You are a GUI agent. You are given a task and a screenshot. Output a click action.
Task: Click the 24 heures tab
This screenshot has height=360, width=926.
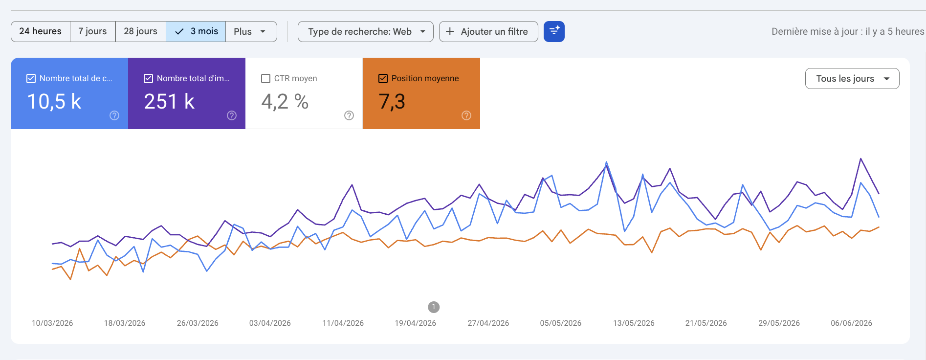coord(41,31)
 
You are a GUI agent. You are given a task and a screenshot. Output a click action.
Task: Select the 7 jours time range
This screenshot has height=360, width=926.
coord(92,31)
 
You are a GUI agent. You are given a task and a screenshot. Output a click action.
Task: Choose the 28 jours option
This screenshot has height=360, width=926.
coord(140,31)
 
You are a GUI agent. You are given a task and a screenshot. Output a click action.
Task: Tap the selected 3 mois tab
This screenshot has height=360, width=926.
coord(196,31)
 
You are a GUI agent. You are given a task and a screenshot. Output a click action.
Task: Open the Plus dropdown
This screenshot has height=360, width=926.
coord(251,31)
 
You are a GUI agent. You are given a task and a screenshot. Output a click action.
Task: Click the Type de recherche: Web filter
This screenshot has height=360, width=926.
coord(366,31)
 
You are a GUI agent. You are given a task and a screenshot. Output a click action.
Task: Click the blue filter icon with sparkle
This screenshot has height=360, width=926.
coord(554,31)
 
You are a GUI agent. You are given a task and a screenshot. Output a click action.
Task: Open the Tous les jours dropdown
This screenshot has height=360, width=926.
coord(852,79)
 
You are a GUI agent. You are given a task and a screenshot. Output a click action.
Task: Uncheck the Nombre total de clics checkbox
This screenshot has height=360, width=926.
coord(31,78)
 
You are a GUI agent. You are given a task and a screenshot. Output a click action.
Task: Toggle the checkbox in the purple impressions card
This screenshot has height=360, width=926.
coord(148,78)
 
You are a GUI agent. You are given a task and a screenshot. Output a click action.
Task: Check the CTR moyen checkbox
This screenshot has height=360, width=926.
coord(266,78)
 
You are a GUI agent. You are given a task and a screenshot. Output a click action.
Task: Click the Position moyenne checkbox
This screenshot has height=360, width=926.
coord(383,78)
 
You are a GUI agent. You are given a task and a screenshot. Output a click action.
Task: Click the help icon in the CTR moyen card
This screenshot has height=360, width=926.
coord(349,115)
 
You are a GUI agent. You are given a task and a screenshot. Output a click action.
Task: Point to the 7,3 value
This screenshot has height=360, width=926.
coord(392,102)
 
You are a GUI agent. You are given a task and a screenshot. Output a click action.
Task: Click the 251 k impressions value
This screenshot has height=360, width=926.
coord(169,102)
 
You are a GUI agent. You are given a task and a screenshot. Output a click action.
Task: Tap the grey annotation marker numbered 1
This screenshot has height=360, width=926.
coord(434,307)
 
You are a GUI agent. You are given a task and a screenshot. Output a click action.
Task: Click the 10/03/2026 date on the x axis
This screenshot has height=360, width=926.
coord(52,323)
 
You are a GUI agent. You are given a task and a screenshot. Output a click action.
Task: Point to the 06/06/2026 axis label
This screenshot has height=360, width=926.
coord(852,323)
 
